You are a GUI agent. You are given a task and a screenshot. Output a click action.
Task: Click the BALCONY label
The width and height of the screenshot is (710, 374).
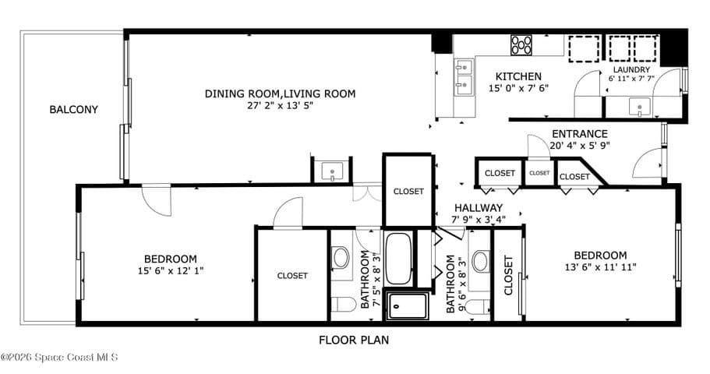point(73,109)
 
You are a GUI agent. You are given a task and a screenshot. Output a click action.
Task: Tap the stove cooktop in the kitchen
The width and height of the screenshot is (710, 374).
point(521,45)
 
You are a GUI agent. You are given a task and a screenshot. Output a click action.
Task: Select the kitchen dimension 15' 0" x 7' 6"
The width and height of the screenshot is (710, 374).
point(518,88)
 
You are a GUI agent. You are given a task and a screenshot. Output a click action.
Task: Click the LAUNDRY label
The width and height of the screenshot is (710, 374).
point(631,69)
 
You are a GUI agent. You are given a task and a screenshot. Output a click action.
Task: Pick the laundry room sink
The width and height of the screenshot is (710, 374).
point(639,108)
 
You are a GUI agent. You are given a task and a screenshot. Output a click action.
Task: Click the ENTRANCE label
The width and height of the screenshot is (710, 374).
point(580,134)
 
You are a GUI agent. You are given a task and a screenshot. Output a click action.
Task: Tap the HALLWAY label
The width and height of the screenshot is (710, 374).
point(479,208)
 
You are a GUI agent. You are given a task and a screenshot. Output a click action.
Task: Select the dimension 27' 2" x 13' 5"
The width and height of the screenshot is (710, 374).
point(281,105)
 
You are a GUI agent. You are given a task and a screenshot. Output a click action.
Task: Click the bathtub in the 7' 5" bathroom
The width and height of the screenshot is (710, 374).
point(398,258)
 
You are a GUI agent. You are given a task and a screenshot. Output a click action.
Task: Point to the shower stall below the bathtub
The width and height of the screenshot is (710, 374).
point(408,306)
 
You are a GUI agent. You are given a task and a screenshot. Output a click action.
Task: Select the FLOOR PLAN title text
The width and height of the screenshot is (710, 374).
point(354,340)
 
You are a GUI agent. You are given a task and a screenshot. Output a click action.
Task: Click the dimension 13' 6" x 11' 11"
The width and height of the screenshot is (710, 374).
point(600,267)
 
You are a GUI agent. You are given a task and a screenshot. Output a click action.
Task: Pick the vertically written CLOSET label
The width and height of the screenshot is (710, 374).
point(508,275)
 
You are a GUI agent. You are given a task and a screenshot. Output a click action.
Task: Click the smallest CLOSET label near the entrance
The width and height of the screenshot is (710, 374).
point(539,173)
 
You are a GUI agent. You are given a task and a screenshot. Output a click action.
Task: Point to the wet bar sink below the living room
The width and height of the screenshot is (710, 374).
point(332,171)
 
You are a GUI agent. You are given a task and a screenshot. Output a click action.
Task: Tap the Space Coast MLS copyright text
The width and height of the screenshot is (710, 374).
point(59,357)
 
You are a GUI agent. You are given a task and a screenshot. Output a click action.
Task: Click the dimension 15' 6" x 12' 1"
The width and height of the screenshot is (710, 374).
point(170,271)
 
